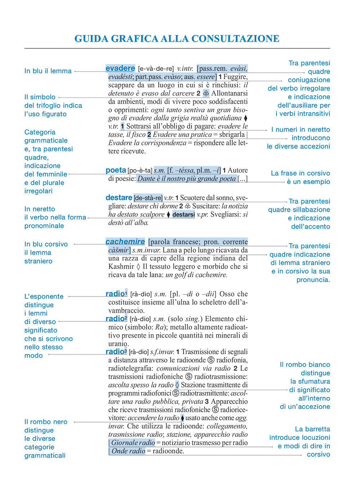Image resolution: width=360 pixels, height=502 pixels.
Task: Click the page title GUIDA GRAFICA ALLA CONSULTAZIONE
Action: point(177,39)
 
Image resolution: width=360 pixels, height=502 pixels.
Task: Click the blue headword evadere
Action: point(120,68)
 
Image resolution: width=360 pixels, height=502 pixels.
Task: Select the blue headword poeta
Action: point(116,170)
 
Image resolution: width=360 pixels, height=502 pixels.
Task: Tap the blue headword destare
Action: point(119,198)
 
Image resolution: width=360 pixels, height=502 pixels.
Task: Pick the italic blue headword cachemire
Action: point(125,241)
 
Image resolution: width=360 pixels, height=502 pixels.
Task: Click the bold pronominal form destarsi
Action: point(184,214)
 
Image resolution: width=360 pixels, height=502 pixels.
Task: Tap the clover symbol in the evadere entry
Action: point(206,93)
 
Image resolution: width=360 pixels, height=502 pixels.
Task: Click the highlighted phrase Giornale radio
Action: point(133,443)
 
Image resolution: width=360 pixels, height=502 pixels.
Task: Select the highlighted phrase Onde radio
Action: point(128,451)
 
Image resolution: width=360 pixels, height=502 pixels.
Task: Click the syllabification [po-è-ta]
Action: point(140,171)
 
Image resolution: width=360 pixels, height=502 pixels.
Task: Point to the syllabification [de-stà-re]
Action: point(148,198)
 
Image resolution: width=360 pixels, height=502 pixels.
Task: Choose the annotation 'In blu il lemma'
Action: point(48,71)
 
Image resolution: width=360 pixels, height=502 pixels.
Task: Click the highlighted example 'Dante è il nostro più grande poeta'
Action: point(186,178)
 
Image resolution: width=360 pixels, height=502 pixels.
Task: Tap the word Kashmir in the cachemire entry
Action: point(121,267)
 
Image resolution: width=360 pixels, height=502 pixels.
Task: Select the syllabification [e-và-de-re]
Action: point(156,68)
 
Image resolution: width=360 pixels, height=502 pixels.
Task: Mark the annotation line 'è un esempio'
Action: point(308,182)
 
